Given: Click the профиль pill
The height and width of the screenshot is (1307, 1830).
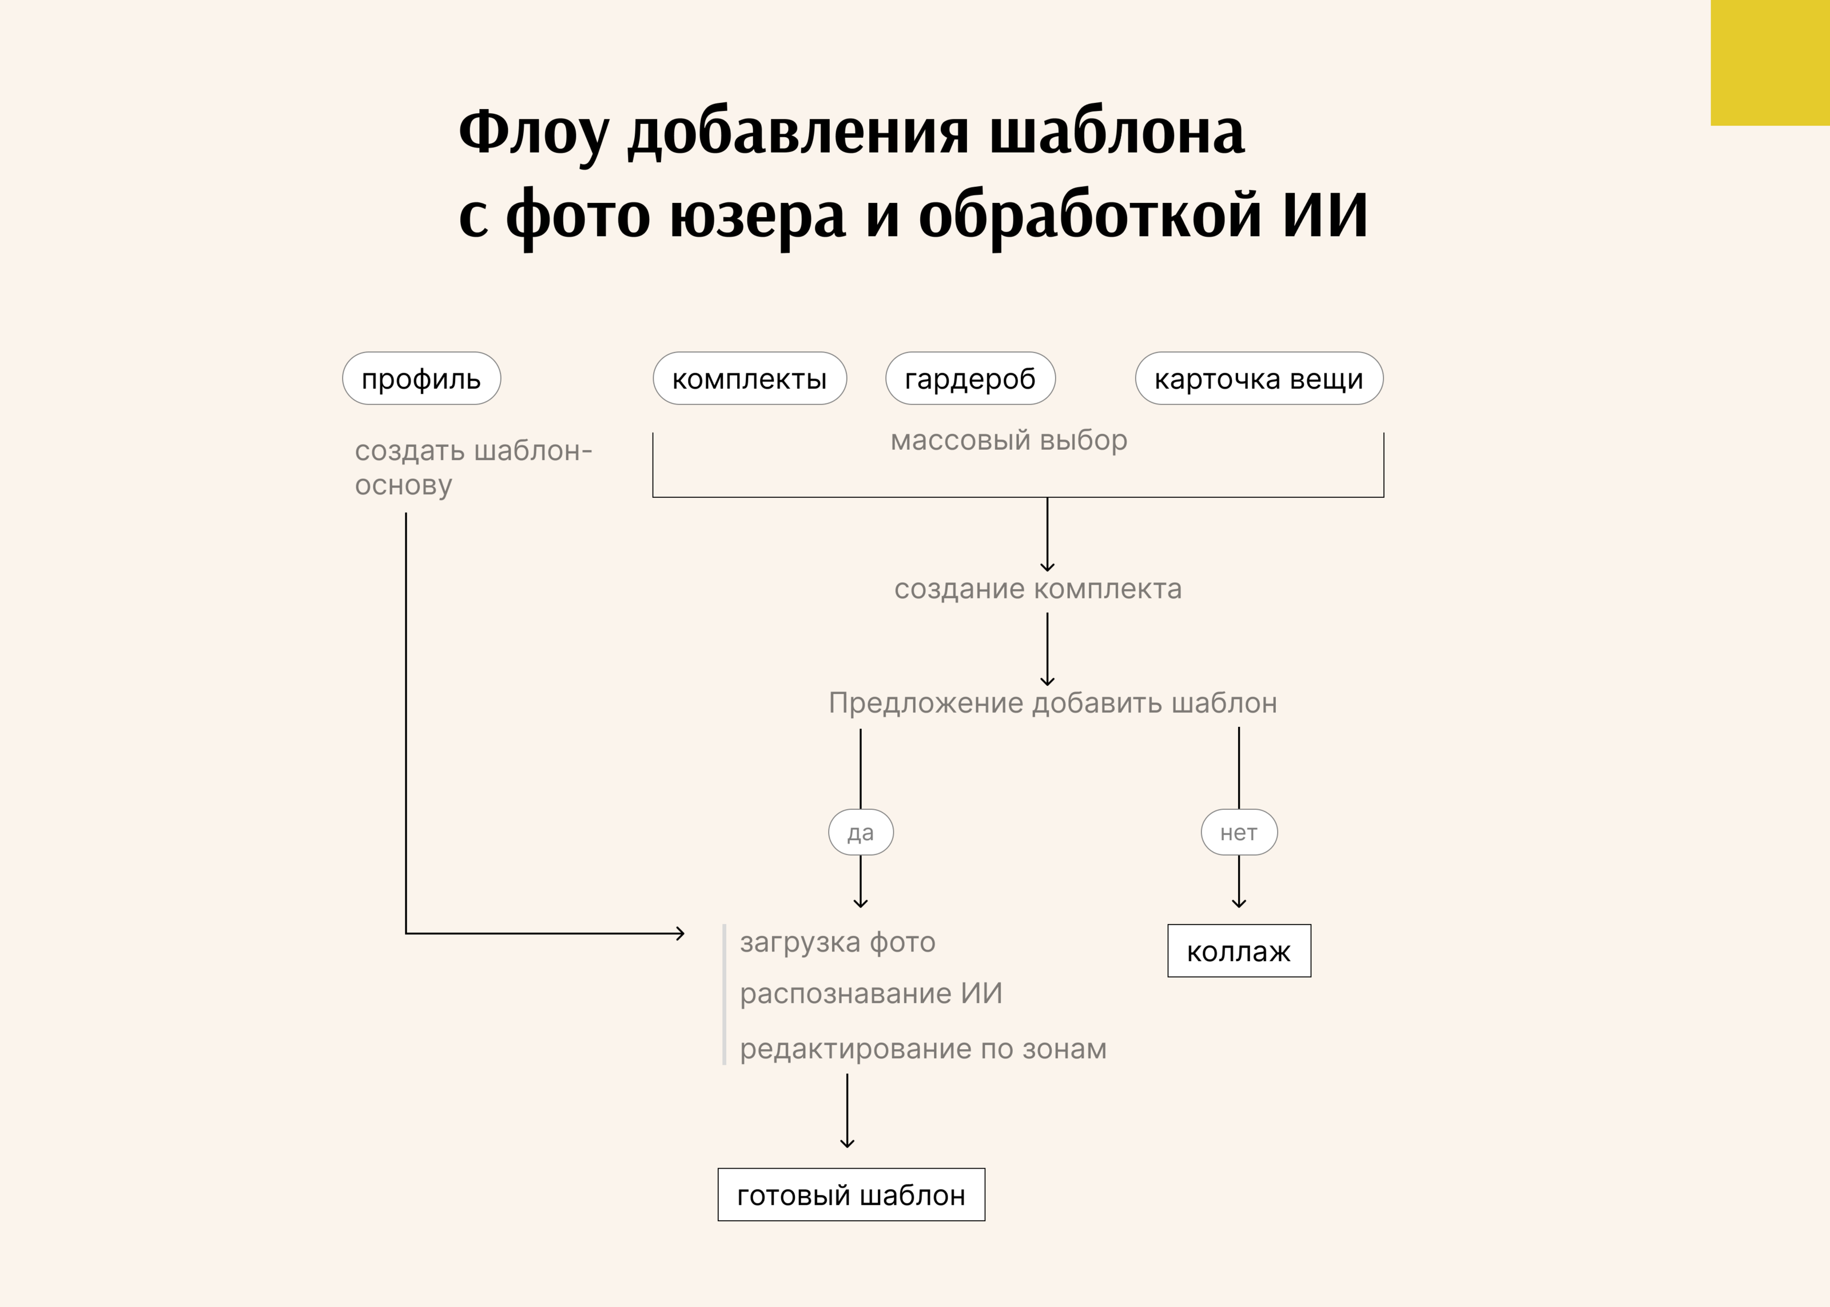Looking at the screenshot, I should pos(421,378).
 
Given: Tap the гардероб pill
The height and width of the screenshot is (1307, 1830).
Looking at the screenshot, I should pos(969,378).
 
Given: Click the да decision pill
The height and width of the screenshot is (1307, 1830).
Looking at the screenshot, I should pos(860,832).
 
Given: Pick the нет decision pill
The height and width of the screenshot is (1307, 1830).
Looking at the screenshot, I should pos(1238,832).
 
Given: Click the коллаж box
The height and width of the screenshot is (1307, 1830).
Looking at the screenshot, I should pos(1238,952).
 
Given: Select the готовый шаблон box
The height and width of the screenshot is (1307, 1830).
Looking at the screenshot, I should pos(850,1195).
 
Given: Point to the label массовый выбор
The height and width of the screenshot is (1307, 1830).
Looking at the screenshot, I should pos(1008,440).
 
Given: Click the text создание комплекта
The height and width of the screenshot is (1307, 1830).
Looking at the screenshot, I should pos(1038,589).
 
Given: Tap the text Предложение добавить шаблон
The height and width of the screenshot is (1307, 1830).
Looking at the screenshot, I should pos(1052,704).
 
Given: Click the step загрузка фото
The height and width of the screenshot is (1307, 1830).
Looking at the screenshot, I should pos(837,942).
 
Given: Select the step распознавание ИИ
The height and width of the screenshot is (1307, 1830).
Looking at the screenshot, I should pos(870,994).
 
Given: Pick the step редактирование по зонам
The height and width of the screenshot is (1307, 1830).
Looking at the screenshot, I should pos(922,1049).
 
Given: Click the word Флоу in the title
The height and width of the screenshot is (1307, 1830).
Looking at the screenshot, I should pos(533,133).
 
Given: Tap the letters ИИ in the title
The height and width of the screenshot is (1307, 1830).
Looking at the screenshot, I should pos(1324,215).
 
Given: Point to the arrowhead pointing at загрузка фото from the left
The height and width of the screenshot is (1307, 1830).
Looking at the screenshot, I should pos(681,934).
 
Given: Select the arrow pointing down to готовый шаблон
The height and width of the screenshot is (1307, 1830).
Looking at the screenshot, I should pos(847,1112).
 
